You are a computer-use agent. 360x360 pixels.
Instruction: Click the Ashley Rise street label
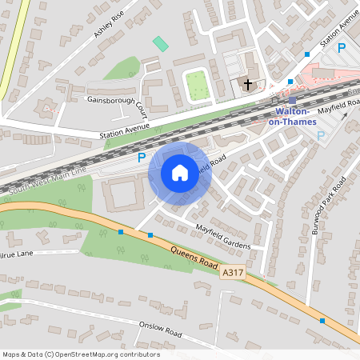[x=110, y=29]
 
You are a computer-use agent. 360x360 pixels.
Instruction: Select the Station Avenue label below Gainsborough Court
[x=126, y=131]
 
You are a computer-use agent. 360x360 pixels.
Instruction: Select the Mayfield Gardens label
[x=223, y=236]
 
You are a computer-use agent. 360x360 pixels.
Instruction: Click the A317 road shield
[x=232, y=273]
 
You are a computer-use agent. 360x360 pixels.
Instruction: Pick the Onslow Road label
[x=160, y=328]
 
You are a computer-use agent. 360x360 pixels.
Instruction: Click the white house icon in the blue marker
[x=180, y=172]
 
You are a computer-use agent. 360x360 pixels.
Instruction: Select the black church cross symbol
[x=248, y=82]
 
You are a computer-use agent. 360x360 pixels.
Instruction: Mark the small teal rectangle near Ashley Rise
[x=162, y=43]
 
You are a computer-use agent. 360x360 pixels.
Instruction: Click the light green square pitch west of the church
[x=198, y=86]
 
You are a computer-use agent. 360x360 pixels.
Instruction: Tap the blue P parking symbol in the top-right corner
[x=342, y=49]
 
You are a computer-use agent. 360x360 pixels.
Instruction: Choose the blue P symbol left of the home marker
[x=142, y=158]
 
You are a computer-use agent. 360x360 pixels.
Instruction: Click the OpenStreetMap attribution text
[x=81, y=354]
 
